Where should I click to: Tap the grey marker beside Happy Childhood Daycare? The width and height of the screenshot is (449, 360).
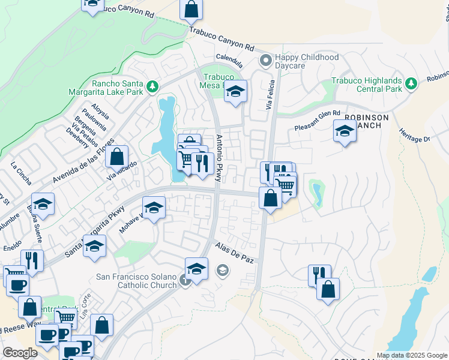coord(265,61)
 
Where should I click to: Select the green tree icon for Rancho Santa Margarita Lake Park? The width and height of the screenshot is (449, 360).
coord(152,87)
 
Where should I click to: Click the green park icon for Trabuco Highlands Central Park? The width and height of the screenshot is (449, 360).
coord(411,83)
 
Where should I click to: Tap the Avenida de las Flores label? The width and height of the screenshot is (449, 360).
coord(82,161)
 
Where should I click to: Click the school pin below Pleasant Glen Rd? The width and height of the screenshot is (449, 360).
coord(345,131)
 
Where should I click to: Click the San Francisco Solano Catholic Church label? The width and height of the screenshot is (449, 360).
coord(137,281)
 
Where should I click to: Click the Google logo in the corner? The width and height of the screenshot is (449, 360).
coord(20,352)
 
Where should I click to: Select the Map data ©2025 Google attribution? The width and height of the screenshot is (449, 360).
coord(412,355)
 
